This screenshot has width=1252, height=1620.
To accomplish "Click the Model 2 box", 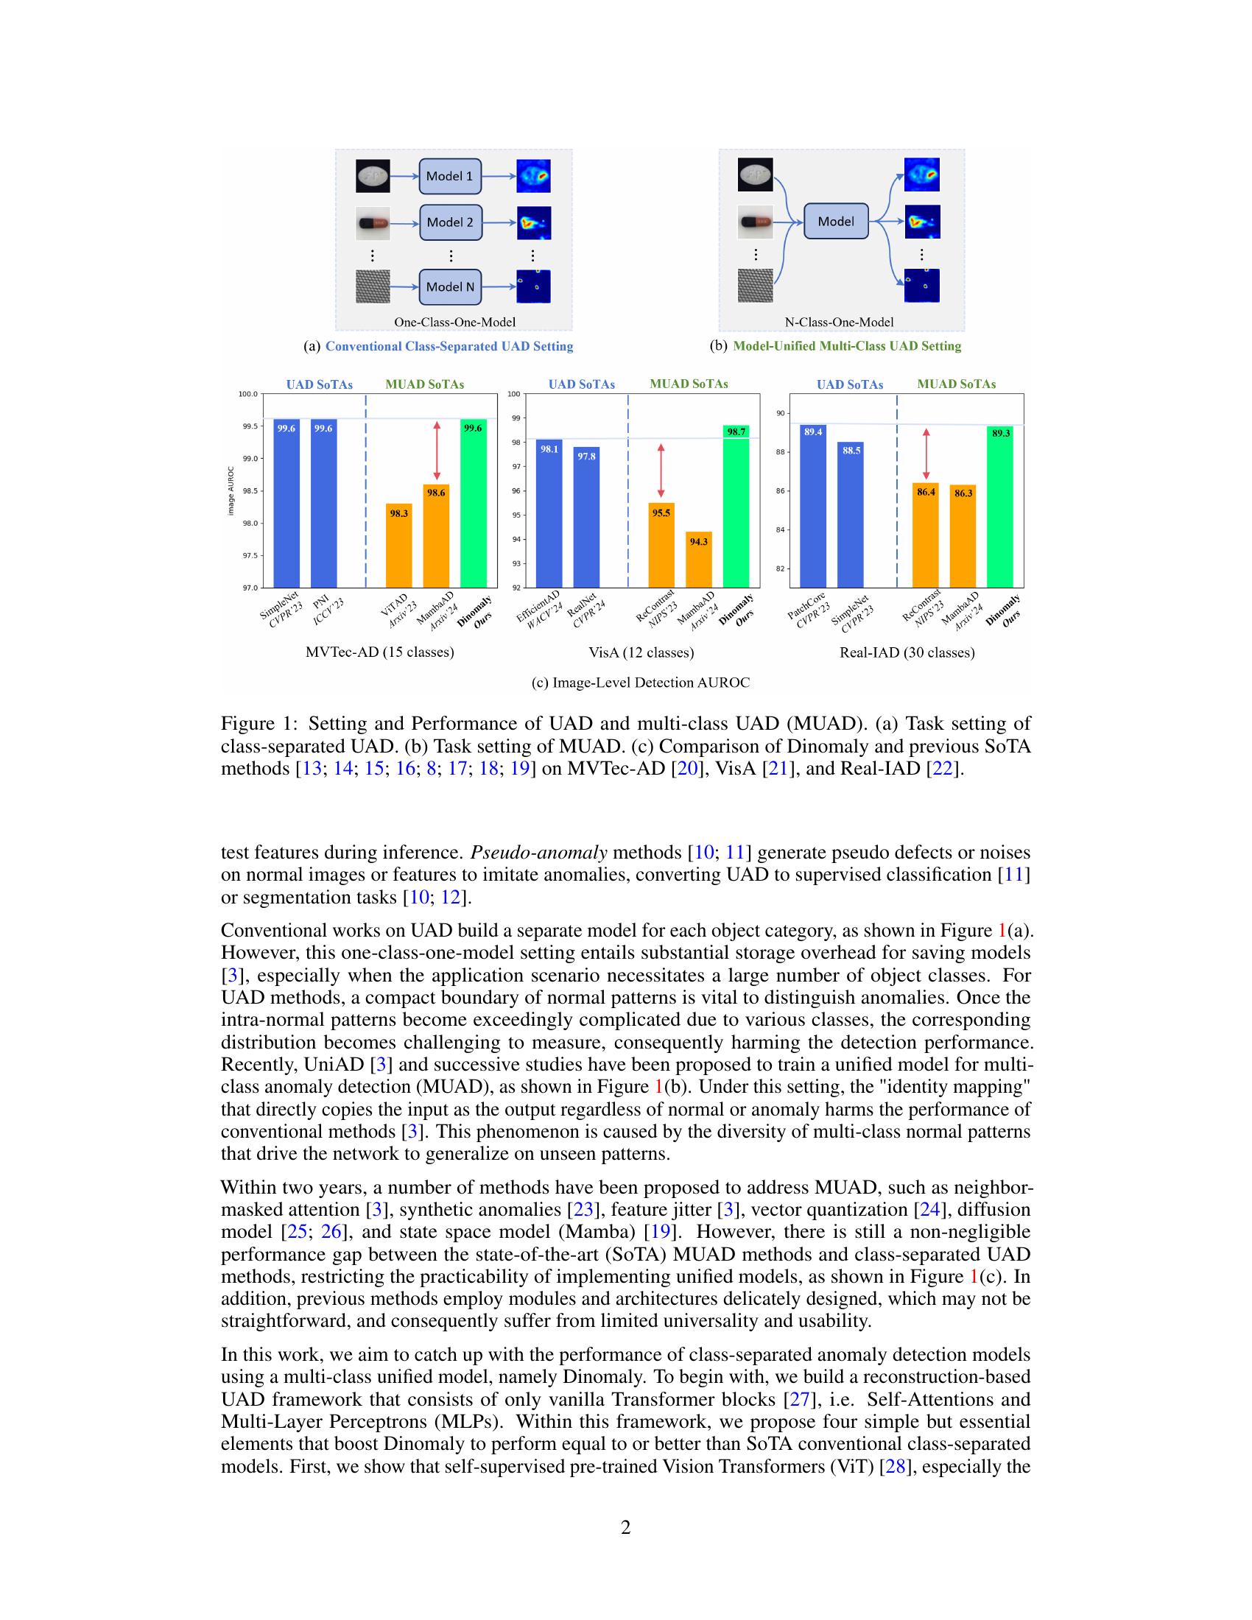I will click(450, 222).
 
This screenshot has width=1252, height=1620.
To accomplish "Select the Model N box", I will click(450, 287).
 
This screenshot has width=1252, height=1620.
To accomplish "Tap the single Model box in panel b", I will click(836, 221).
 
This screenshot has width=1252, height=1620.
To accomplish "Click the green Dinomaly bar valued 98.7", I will click(736, 506).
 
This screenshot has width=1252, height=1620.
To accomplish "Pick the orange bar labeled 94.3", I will click(699, 560).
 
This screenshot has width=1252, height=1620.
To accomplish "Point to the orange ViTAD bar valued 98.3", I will click(399, 545).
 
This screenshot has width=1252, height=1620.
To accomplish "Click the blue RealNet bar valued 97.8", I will click(586, 517).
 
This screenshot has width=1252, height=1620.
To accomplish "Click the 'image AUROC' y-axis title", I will click(231, 491).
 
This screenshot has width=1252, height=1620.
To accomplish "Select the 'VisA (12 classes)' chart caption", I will click(641, 652).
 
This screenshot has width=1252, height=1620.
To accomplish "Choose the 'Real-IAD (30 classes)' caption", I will click(907, 652).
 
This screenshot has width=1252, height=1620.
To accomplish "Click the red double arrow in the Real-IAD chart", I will click(926, 454).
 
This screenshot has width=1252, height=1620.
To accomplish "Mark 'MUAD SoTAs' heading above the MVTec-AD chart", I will click(424, 384).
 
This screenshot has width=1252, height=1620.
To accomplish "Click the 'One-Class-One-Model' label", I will click(454, 322).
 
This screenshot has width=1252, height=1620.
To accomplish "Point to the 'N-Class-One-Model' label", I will click(839, 322).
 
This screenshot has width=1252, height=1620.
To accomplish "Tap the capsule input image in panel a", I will click(373, 222).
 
